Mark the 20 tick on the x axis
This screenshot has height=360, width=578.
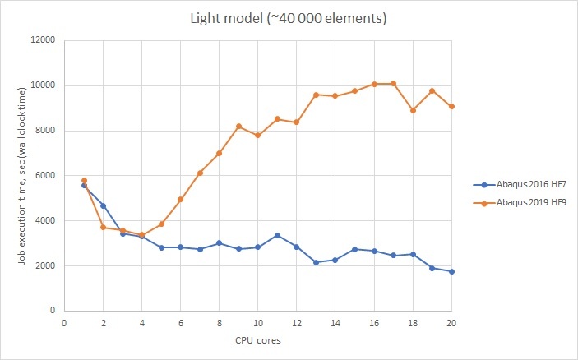point(451,323)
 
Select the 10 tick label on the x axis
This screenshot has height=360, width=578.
point(258,323)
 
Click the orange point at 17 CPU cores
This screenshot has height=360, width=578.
point(393,83)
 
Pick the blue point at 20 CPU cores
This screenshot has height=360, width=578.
point(451,271)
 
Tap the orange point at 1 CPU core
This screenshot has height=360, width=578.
point(84,180)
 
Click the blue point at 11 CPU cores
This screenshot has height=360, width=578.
point(277,235)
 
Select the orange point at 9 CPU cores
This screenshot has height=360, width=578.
point(238,126)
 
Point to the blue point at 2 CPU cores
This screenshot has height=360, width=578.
point(103,205)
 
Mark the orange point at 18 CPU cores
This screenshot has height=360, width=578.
point(413,110)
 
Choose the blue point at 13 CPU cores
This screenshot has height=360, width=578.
point(316,262)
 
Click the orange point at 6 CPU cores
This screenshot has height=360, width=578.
point(180,199)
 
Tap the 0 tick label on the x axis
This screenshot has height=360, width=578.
point(64,323)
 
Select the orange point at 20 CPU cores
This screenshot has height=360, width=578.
point(451,106)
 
